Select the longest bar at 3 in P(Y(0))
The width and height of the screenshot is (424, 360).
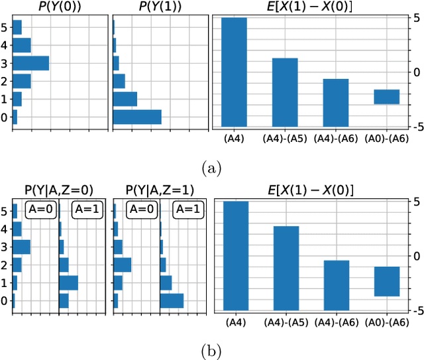(x=30, y=63)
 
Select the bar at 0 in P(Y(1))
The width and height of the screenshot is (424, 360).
(x=137, y=117)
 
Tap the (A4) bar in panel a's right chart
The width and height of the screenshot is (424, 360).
(x=234, y=72)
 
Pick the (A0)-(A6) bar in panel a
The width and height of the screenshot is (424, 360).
(x=386, y=97)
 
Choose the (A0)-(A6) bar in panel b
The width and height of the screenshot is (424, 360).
(x=386, y=281)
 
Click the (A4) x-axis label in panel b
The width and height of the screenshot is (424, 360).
(x=234, y=322)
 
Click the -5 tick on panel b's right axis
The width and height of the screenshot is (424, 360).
(x=415, y=310)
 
